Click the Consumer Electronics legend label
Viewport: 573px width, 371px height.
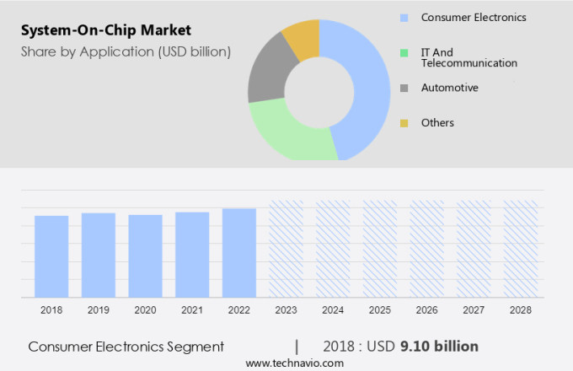[x=474, y=17]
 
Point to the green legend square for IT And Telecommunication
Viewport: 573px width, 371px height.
[x=404, y=52]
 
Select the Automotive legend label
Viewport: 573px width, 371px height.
[x=449, y=88]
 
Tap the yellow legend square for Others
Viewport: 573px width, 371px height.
[x=404, y=123]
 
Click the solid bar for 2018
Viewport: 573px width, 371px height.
[x=51, y=256]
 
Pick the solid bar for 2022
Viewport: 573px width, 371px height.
[x=238, y=253]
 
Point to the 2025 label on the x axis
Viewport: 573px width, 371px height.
[x=379, y=310]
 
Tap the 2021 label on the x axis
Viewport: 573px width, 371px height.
[x=191, y=310]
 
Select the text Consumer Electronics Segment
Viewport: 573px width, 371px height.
[x=126, y=347]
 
